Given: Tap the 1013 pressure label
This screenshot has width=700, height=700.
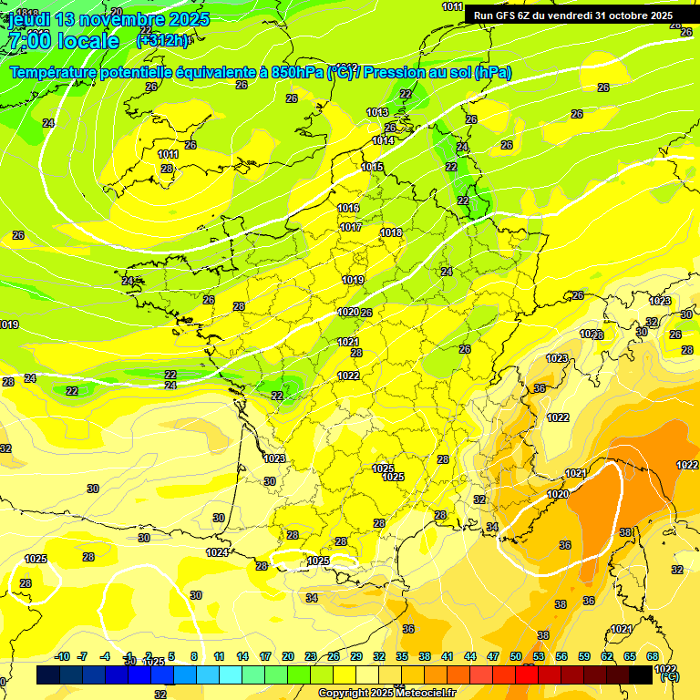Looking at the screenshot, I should click(x=377, y=112).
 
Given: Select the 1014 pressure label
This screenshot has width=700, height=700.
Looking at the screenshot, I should click(x=383, y=140).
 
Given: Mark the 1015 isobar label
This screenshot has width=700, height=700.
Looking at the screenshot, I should click(x=372, y=167).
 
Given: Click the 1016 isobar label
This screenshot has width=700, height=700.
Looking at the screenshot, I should click(x=349, y=208).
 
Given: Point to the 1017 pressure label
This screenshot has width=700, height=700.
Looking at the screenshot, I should click(x=351, y=227).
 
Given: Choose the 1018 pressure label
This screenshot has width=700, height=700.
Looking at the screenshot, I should click(x=391, y=233).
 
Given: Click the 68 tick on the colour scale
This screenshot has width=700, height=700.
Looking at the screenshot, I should click(x=653, y=656).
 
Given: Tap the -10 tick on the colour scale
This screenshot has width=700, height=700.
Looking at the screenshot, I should click(x=63, y=656).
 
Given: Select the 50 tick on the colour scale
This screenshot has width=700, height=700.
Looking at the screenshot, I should click(x=516, y=656).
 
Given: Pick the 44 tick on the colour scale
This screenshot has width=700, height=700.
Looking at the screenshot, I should click(x=470, y=656).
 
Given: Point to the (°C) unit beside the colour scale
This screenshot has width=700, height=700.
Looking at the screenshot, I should click(x=669, y=677).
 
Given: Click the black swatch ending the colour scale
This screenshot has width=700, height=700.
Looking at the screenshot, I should click(x=641, y=674).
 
